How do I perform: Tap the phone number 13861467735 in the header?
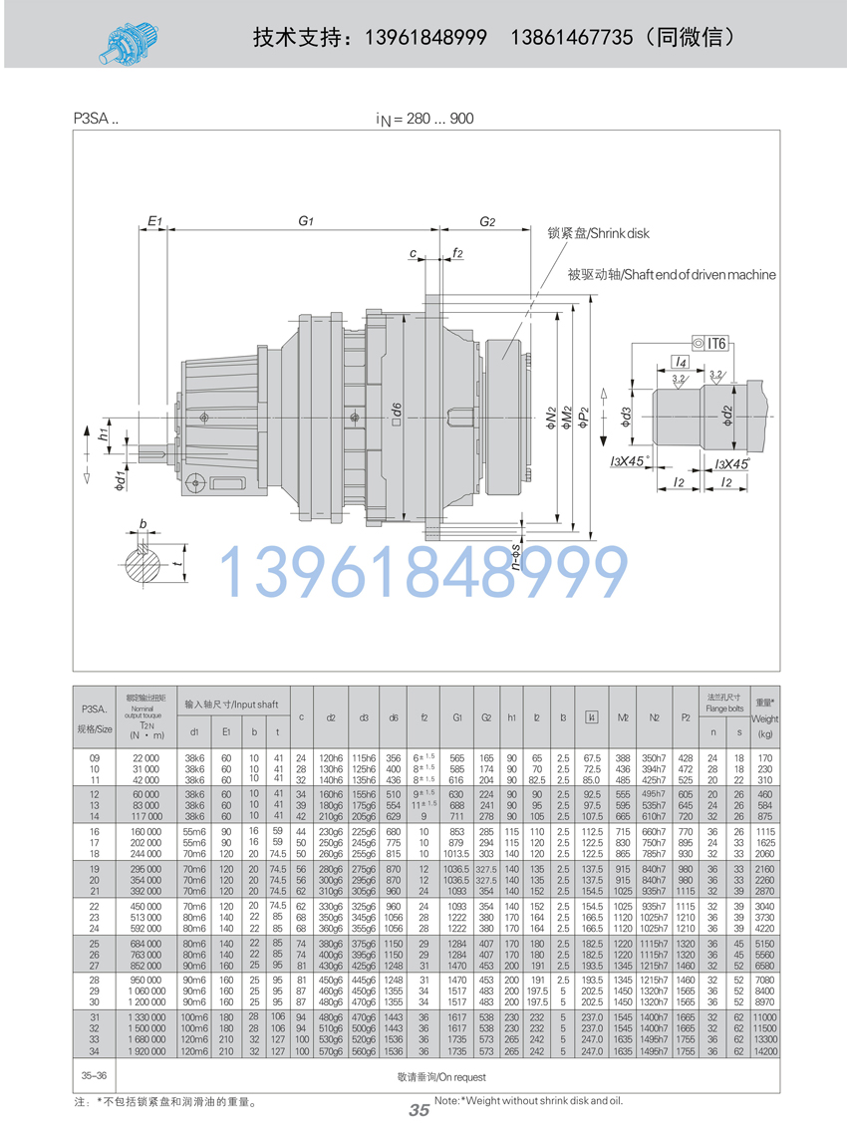click(x=571, y=38)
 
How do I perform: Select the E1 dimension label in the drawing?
click(x=154, y=220)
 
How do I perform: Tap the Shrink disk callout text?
click(x=598, y=233)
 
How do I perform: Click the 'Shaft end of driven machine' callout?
click(x=671, y=274)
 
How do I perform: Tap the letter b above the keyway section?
click(x=143, y=522)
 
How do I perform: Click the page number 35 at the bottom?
click(x=419, y=1111)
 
